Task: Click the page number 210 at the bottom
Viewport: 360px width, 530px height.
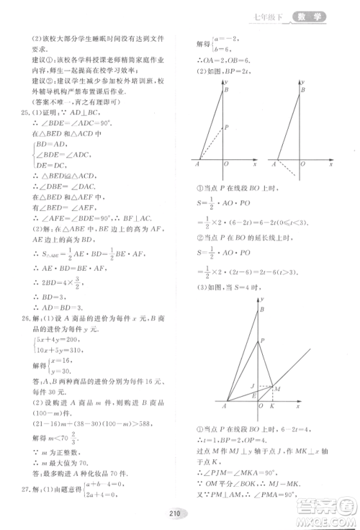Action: coord(173,513)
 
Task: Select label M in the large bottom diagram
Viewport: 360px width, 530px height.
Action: coord(278,388)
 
